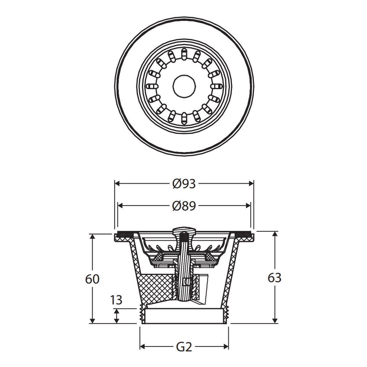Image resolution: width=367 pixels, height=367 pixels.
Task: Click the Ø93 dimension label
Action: click(184, 184)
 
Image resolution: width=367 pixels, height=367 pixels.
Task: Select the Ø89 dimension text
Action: click(184, 206)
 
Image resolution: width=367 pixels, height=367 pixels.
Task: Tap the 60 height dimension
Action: click(92, 279)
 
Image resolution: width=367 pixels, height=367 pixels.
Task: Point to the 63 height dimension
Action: click(274, 278)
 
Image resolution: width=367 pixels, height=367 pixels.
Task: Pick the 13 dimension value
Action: click(116, 300)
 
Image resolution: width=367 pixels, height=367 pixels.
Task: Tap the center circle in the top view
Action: click(184, 87)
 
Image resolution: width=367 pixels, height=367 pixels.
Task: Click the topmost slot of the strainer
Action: click(184, 54)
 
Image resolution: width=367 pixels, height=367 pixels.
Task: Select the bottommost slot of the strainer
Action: click(184, 119)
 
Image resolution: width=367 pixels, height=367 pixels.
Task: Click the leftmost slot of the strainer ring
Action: click(152, 86)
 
